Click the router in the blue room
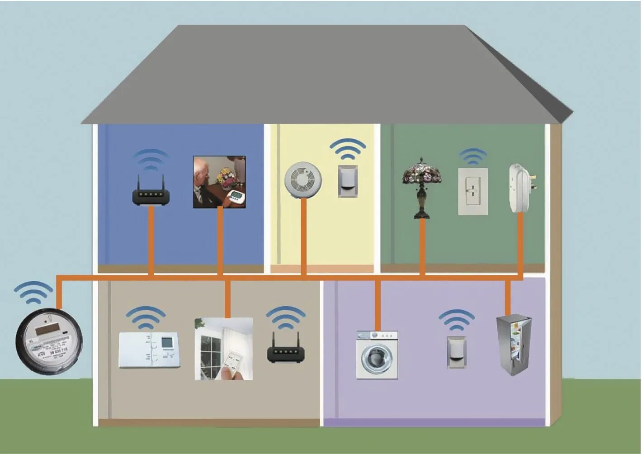point(151,196)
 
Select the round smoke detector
point(303,180)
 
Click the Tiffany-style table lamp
point(422,188)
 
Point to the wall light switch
point(473,191)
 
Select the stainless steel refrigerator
point(514,345)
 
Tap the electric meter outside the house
point(49,342)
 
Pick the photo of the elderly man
point(219,182)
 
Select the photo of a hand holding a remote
point(224,349)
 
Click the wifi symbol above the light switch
point(473,156)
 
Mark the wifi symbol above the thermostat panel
point(146,317)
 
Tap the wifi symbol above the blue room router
point(151,160)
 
